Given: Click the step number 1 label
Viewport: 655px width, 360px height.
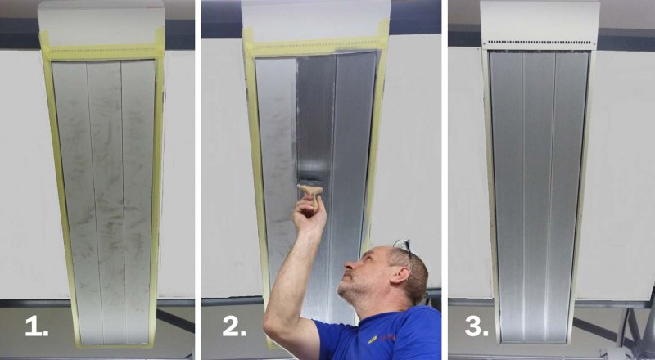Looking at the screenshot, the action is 36,326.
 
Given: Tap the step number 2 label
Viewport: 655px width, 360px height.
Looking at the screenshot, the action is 234,326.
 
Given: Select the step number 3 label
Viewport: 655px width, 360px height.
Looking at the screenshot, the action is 477,326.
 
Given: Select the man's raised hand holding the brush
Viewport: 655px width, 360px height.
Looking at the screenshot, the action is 309,213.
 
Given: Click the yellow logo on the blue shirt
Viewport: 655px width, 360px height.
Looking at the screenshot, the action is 373,340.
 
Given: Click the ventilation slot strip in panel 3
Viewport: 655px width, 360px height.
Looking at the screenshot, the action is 540,43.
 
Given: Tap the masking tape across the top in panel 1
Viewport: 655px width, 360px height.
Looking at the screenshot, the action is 102,53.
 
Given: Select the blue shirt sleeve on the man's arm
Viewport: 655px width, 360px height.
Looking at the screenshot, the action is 334,338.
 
